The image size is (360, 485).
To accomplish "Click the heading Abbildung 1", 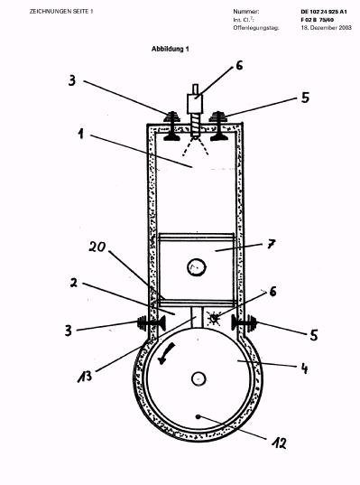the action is [170, 49].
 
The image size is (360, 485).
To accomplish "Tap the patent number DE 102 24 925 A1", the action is [324, 12].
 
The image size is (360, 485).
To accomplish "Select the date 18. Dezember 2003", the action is [327, 27].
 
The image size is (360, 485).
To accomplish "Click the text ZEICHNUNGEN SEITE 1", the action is [61, 12].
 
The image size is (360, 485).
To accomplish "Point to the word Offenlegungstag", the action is [256, 28].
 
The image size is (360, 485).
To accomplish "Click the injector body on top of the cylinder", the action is [195, 104].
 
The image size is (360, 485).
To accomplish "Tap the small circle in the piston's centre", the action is [196, 267].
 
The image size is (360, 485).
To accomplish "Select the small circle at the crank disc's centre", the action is [198, 378].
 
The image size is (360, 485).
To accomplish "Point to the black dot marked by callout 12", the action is [198, 416].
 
